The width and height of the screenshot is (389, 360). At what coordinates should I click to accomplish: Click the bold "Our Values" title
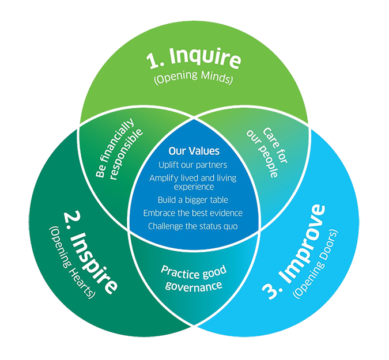pyautogui.click(x=194, y=151)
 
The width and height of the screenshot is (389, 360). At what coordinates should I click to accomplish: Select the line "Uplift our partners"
pyautogui.click(x=194, y=165)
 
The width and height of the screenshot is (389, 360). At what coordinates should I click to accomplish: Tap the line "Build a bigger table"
pyautogui.click(x=194, y=200)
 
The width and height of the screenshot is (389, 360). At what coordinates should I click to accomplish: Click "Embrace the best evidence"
pyautogui.click(x=194, y=213)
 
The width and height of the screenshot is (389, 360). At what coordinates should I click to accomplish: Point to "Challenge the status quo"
pyautogui.click(x=194, y=226)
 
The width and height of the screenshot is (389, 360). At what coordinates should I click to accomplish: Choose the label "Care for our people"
pyautogui.click(x=270, y=151)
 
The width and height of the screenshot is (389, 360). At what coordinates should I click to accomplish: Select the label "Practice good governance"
pyautogui.click(x=194, y=278)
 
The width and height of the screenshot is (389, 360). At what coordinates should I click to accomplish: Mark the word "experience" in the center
pyautogui.click(x=194, y=187)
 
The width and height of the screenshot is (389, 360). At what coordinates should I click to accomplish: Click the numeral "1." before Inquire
pyautogui.click(x=155, y=60)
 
